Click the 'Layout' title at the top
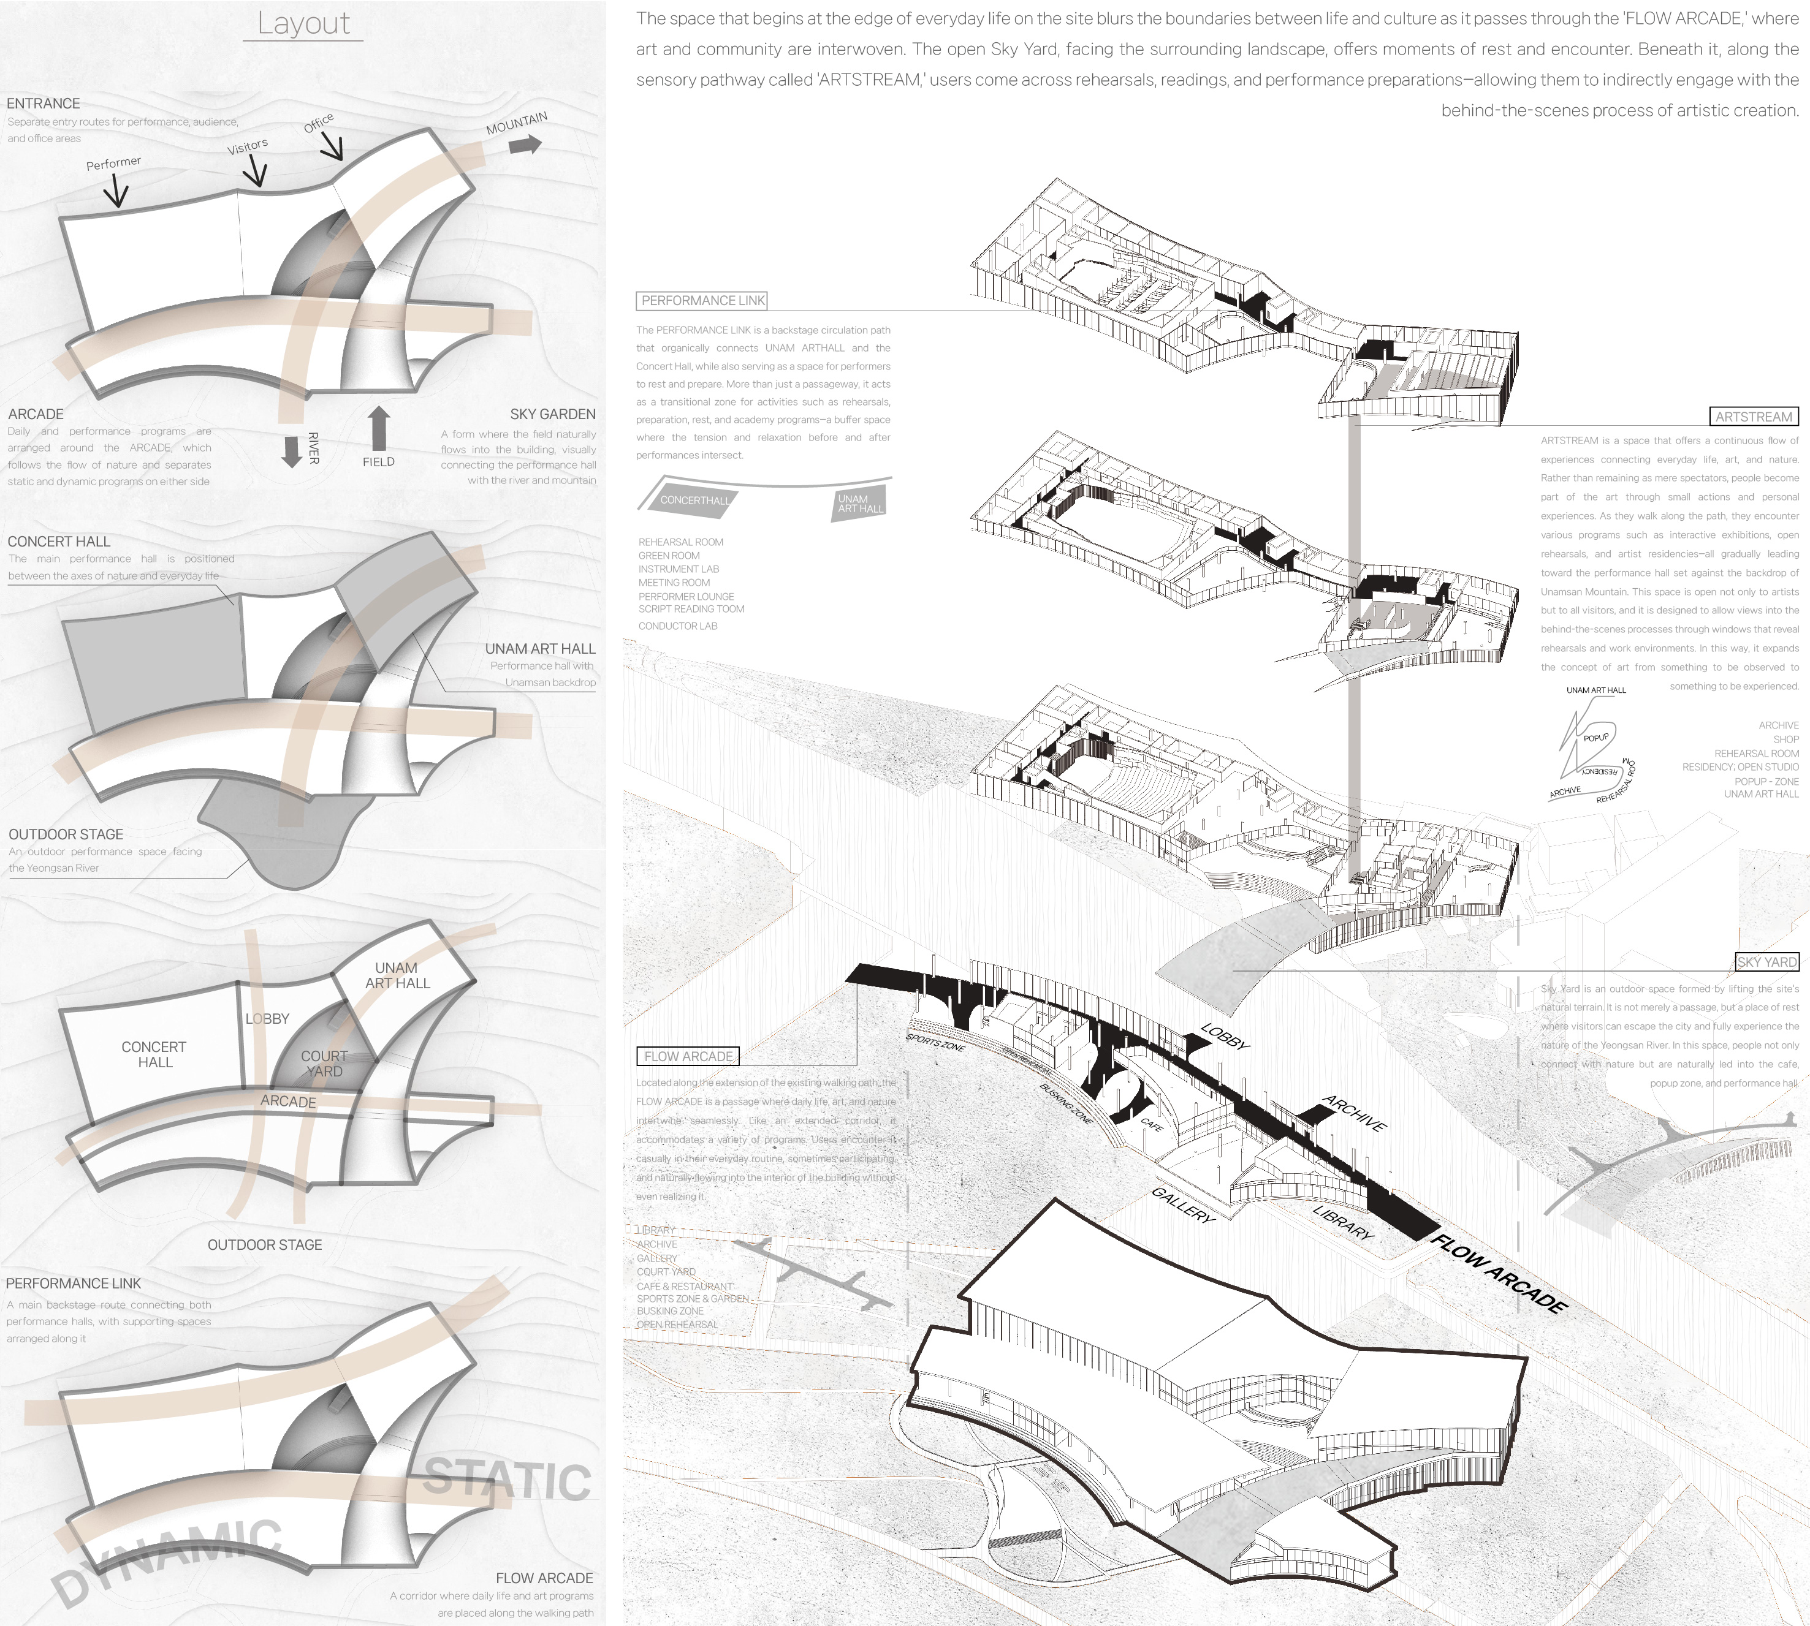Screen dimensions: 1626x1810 (x=303, y=23)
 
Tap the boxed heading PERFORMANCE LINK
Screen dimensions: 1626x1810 (x=702, y=301)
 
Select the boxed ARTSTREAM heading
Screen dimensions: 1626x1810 (x=1753, y=417)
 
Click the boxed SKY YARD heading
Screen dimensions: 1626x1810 (x=1766, y=962)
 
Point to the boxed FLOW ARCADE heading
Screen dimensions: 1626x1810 (x=687, y=1056)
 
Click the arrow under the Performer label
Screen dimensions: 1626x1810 (x=116, y=191)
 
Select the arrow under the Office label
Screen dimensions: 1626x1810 (x=332, y=146)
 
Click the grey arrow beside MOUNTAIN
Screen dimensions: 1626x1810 (x=525, y=144)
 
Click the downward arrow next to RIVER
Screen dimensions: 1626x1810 (x=291, y=451)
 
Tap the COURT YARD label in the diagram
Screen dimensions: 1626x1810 (x=324, y=1063)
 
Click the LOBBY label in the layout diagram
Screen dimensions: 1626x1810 (x=267, y=1018)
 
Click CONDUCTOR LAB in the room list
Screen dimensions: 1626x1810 (x=677, y=626)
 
